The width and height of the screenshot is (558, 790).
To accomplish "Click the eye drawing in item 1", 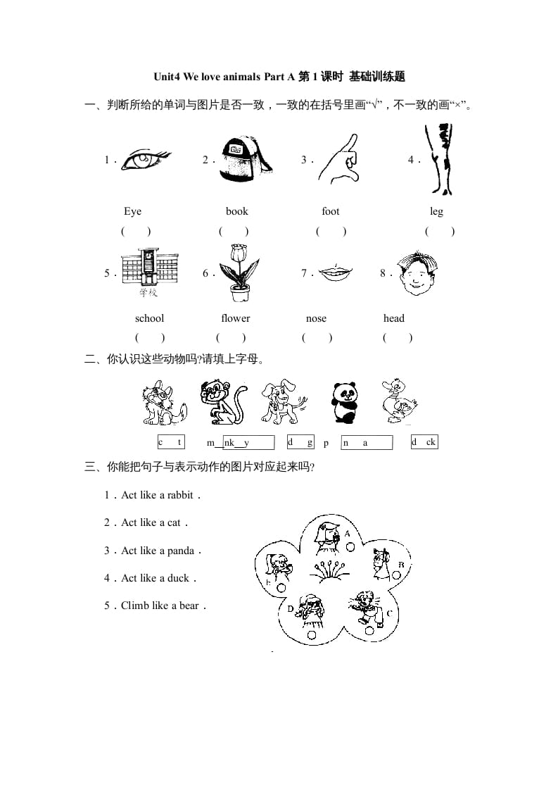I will click(145, 160).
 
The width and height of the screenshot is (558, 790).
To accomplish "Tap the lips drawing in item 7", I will click(335, 272).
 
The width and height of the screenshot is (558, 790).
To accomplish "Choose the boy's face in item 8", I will click(415, 274).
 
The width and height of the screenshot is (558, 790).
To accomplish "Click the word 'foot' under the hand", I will click(330, 211).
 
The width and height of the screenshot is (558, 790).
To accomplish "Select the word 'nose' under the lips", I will click(316, 318).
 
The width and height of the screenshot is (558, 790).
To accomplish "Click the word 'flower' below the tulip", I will click(235, 318).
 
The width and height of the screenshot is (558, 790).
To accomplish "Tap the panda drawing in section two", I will click(345, 403).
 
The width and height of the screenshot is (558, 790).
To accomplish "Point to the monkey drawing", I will click(222, 401).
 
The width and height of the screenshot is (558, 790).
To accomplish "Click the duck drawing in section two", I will click(399, 402).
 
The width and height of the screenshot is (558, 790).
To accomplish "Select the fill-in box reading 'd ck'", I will click(424, 442).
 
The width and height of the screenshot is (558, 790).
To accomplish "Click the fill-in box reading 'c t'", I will click(171, 442).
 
